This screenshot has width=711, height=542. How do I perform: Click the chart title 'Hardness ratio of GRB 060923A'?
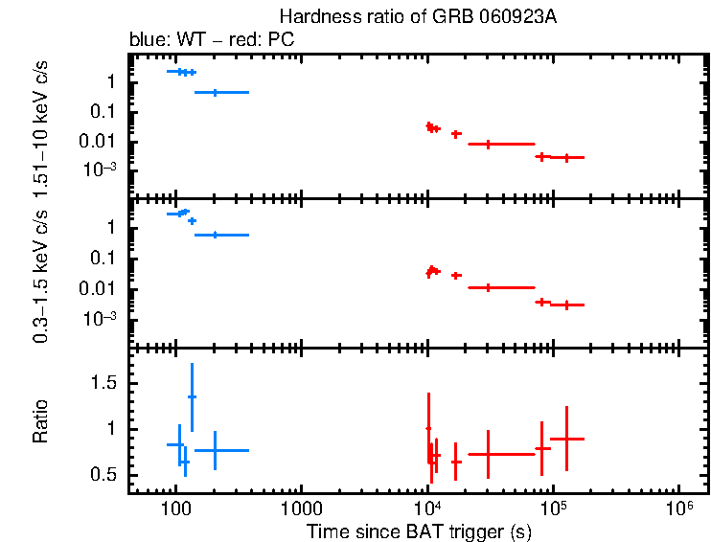point(419,17)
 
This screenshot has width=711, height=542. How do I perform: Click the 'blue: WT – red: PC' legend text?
point(210,40)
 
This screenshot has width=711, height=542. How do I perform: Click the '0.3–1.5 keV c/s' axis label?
point(41,278)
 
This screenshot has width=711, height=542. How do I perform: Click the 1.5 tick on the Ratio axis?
point(107,383)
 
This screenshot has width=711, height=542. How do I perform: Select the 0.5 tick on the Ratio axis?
point(107,476)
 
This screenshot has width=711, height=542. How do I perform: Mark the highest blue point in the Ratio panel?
point(192,396)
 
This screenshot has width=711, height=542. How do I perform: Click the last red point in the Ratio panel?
point(566,438)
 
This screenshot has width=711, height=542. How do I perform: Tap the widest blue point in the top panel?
point(221,92)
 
